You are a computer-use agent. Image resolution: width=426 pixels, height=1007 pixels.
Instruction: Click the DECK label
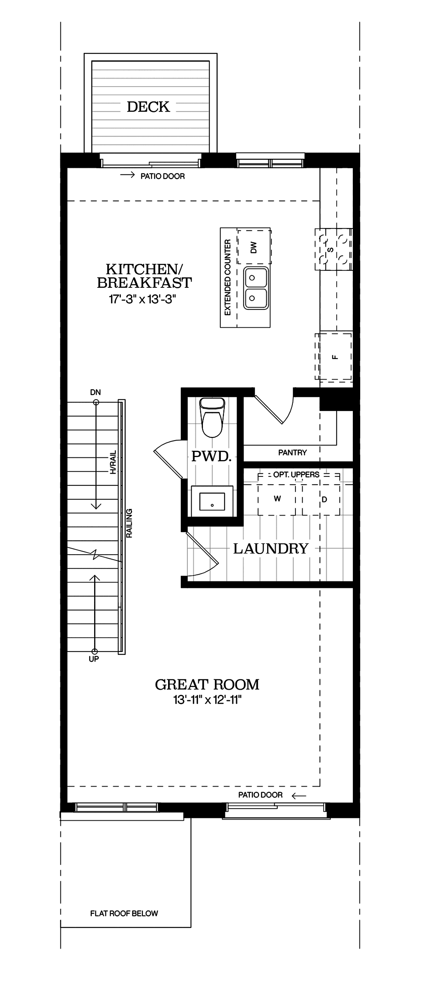(x=148, y=107)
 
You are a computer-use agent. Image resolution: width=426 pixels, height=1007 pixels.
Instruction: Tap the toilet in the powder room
(x=212, y=417)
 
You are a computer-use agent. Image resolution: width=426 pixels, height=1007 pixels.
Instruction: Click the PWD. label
(x=211, y=456)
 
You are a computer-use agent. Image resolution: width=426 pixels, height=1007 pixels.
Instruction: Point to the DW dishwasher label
(x=254, y=247)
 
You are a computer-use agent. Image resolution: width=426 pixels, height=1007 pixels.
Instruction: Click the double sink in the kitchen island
(x=256, y=288)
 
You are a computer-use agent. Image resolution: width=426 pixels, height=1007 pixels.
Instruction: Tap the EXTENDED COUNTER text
(x=228, y=277)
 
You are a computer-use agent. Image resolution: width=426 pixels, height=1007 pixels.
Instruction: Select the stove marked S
(x=333, y=249)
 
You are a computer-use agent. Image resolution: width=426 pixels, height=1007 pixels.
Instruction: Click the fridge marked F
(x=335, y=356)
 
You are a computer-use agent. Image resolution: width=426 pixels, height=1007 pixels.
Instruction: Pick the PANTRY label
(x=292, y=452)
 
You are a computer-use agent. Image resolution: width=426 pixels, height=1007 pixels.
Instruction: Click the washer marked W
(x=277, y=499)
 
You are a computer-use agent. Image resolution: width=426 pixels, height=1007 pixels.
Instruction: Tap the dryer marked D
(x=324, y=500)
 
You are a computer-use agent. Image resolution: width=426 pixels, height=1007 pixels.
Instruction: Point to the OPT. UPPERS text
(x=296, y=474)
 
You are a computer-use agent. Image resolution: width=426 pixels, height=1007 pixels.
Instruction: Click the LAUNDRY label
(x=271, y=549)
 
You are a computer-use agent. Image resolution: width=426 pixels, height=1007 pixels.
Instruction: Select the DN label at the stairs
(x=95, y=392)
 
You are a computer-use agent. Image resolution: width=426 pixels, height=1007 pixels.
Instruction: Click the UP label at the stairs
(x=94, y=659)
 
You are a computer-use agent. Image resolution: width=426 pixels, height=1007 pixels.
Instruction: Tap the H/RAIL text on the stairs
(x=113, y=462)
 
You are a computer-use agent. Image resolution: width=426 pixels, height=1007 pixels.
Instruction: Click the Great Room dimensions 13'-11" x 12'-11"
(x=207, y=700)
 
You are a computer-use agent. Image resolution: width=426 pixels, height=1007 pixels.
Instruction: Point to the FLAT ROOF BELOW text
(x=124, y=914)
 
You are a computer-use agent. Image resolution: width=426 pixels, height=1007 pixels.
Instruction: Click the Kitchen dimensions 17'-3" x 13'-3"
(x=142, y=299)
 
